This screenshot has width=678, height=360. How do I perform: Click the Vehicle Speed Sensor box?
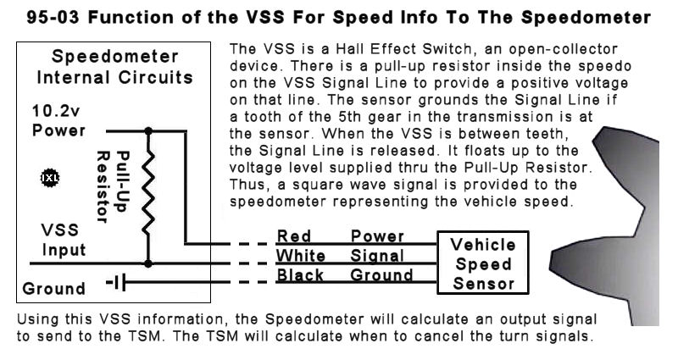[483, 263]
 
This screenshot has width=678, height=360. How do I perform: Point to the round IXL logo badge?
[50, 178]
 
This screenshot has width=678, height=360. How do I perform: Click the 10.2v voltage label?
[56, 111]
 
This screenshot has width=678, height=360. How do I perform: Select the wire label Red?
[293, 236]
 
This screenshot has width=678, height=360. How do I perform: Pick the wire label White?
[301, 256]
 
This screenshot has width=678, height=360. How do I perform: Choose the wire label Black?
[300, 274]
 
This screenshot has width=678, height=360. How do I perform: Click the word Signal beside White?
[377, 256]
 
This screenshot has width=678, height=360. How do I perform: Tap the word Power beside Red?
[377, 236]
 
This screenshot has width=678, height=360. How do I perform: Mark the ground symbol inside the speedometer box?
[117, 283]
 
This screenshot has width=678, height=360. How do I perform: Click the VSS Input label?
[63, 240]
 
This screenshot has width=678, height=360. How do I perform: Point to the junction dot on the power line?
[148, 130]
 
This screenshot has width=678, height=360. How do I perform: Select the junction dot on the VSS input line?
[148, 263]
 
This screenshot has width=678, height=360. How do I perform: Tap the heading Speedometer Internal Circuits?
[115, 67]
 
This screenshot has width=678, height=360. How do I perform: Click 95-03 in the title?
[53, 18]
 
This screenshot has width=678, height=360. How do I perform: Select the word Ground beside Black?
[381, 274]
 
